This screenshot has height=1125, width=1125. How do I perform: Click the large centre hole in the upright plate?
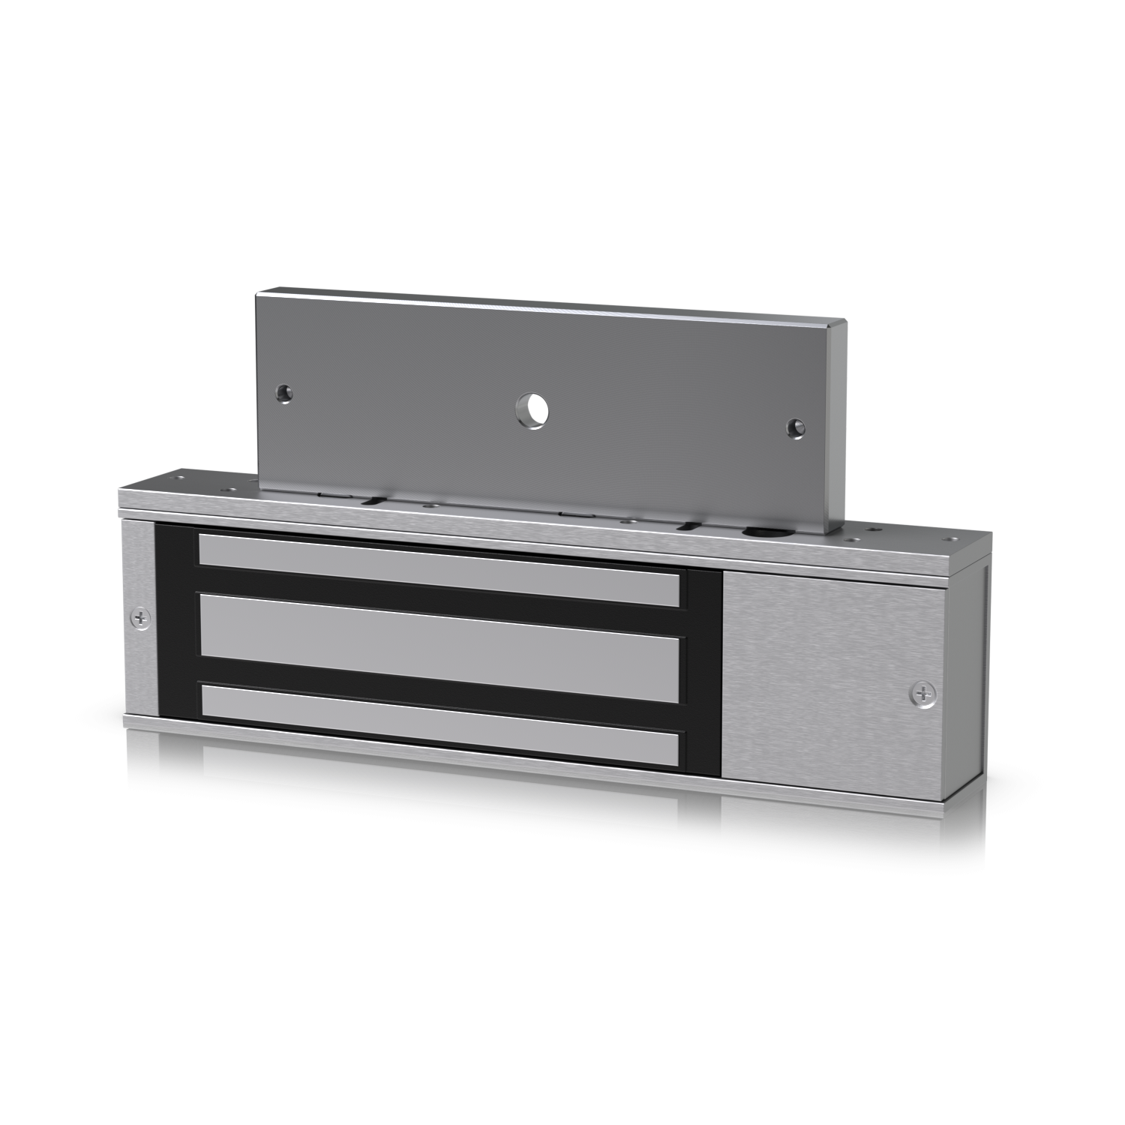tap(532, 410)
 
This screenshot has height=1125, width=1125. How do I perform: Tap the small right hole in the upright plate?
tap(794, 428)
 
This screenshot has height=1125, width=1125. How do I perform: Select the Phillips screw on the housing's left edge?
tap(140, 619)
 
